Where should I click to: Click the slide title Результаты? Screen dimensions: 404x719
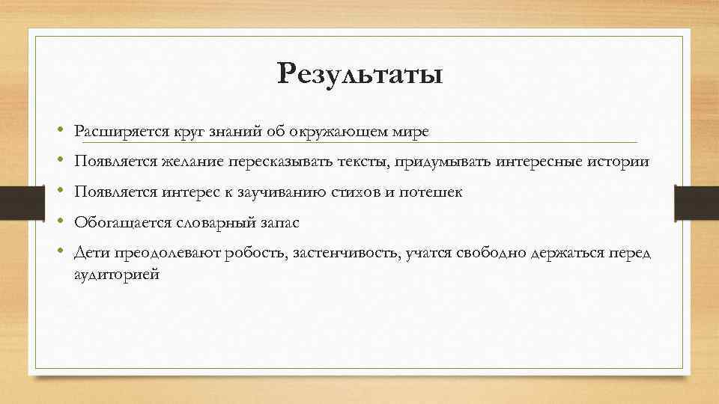pyautogui.click(x=359, y=74)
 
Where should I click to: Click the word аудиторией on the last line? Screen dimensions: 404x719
pyautogui.click(x=116, y=275)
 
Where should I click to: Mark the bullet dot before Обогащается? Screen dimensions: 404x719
pyautogui.click(x=58, y=222)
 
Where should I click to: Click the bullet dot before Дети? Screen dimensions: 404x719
pyautogui.click(x=58, y=253)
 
